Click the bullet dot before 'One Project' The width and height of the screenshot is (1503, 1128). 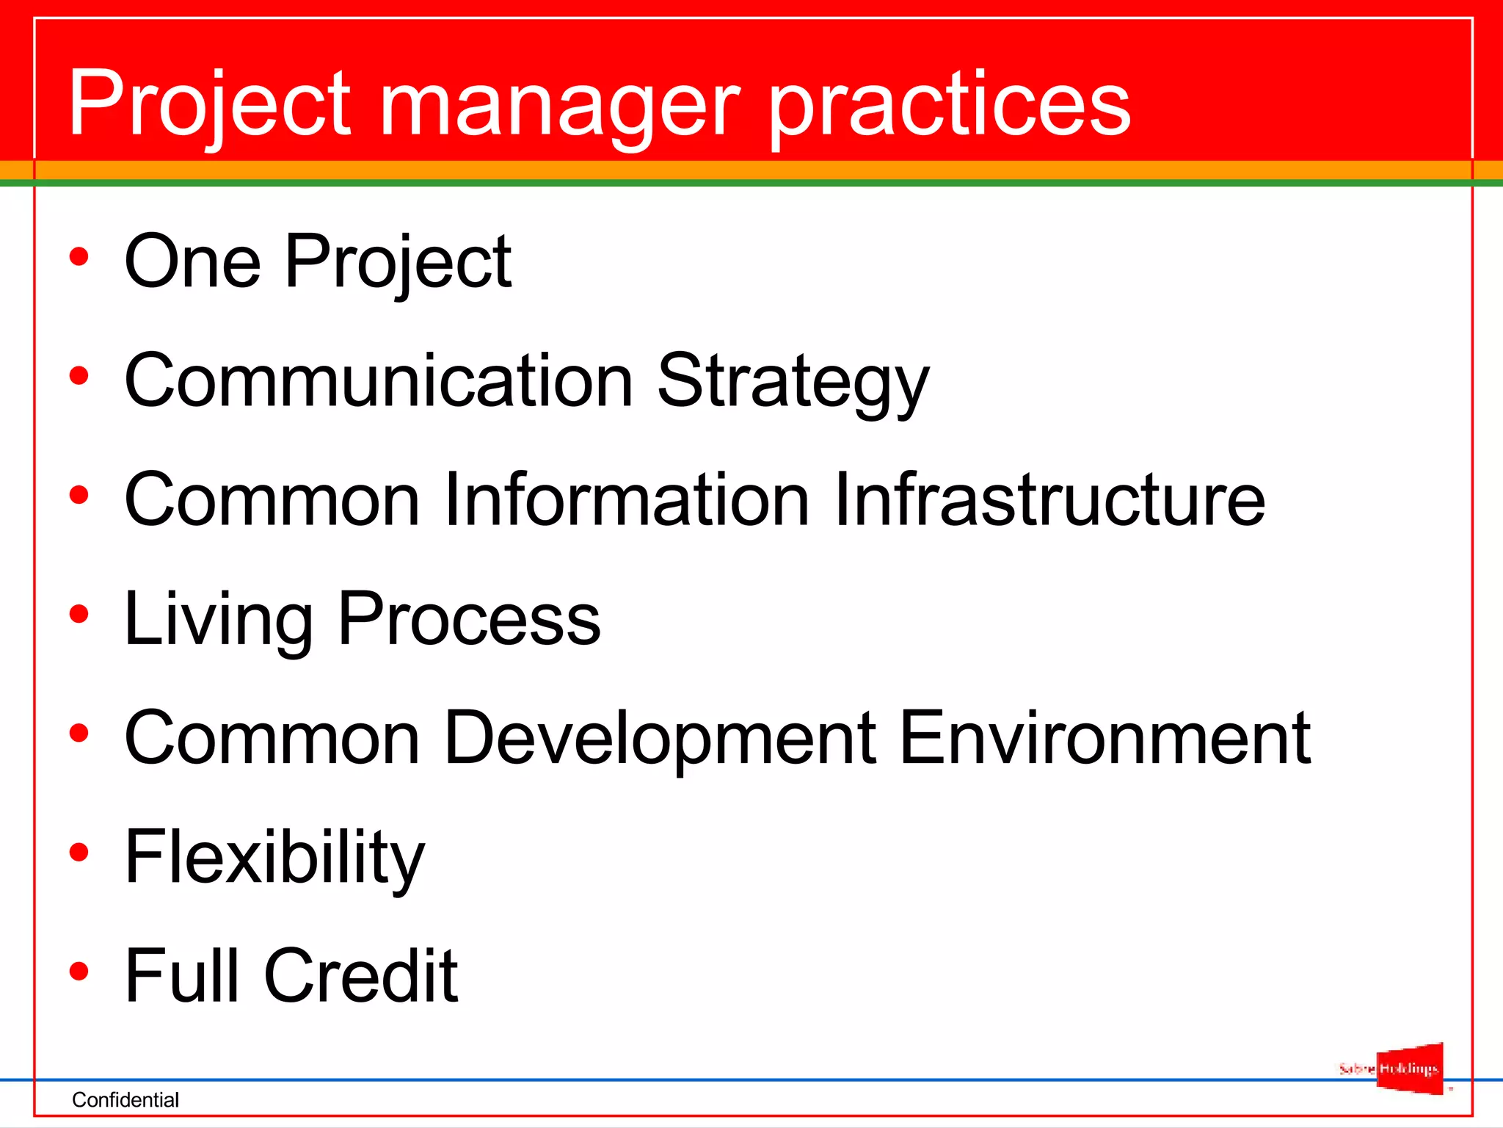coord(79,257)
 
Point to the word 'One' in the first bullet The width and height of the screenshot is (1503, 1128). coord(192,261)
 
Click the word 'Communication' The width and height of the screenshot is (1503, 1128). coord(378,380)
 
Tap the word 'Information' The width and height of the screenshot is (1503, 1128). coord(627,499)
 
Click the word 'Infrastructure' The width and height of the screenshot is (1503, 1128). coord(1049,499)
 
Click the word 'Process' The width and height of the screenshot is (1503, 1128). coord(469,620)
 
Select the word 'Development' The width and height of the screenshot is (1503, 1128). coord(660,739)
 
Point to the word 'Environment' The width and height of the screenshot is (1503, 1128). coord(1104,737)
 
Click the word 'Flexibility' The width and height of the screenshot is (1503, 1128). coord(274,858)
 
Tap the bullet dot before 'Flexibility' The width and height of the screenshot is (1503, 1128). coord(79,852)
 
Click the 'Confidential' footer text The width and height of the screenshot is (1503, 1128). coord(125,1099)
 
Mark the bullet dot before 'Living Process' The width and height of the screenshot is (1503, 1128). coord(79,614)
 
